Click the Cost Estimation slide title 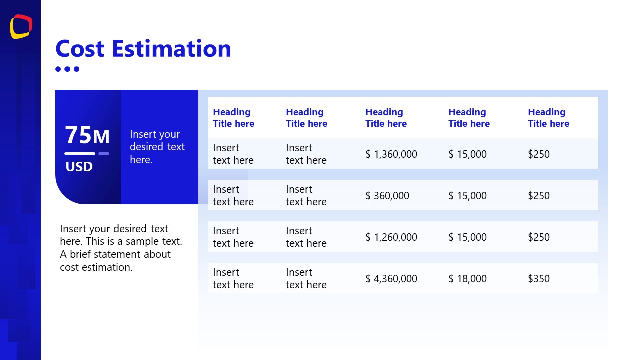point(143,49)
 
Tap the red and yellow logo point(21,26)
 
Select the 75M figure point(87,135)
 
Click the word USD point(79,167)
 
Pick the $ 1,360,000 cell point(391,154)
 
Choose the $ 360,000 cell point(387,196)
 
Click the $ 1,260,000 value point(391,237)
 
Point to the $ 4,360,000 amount point(391,279)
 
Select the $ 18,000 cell point(467,279)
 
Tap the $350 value point(538,279)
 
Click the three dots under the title point(67,69)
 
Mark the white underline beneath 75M point(80,153)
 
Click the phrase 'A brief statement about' point(115,254)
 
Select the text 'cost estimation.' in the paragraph point(96,267)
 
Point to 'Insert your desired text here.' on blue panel point(157,147)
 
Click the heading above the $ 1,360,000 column point(386,118)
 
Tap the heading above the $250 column point(548,118)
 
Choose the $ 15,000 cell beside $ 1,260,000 point(467,237)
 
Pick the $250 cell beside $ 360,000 point(538,196)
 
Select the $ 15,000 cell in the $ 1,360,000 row point(467,154)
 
